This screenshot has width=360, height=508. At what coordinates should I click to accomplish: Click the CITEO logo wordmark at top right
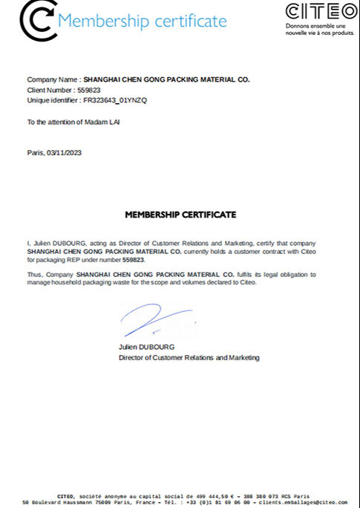pyautogui.click(x=321, y=12)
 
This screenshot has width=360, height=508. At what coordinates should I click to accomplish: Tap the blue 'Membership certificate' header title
pyautogui.click(x=142, y=21)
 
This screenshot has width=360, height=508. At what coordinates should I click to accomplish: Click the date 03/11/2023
pyautogui.click(x=64, y=152)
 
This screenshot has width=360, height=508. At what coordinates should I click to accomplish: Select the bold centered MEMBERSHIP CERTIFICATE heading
pyautogui.click(x=180, y=215)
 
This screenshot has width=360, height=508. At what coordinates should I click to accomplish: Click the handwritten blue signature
pyautogui.click(x=156, y=322)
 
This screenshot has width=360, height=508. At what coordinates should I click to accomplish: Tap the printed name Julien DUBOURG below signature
pyautogui.click(x=145, y=348)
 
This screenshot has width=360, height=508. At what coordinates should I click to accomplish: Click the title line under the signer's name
pyautogui.click(x=189, y=358)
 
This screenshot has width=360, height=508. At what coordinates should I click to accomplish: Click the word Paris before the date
pyautogui.click(x=35, y=152)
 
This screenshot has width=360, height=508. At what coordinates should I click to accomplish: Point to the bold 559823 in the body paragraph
pyautogui.click(x=134, y=261)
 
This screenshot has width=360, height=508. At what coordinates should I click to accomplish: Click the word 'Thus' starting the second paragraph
pyautogui.click(x=34, y=275)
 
